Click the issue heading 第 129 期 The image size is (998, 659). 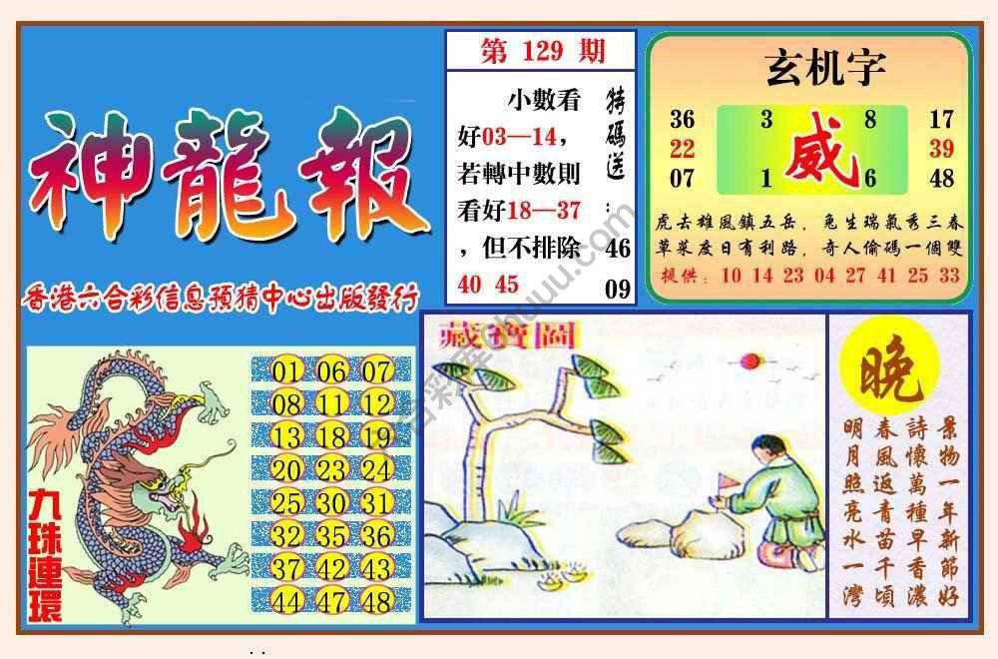(542, 51)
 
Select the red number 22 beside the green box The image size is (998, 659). (682, 149)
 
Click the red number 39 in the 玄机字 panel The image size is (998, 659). (941, 149)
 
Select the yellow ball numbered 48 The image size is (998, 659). (377, 602)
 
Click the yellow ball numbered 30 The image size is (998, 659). (331, 503)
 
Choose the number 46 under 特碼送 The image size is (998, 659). (618, 247)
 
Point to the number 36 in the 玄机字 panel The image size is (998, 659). (682, 120)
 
